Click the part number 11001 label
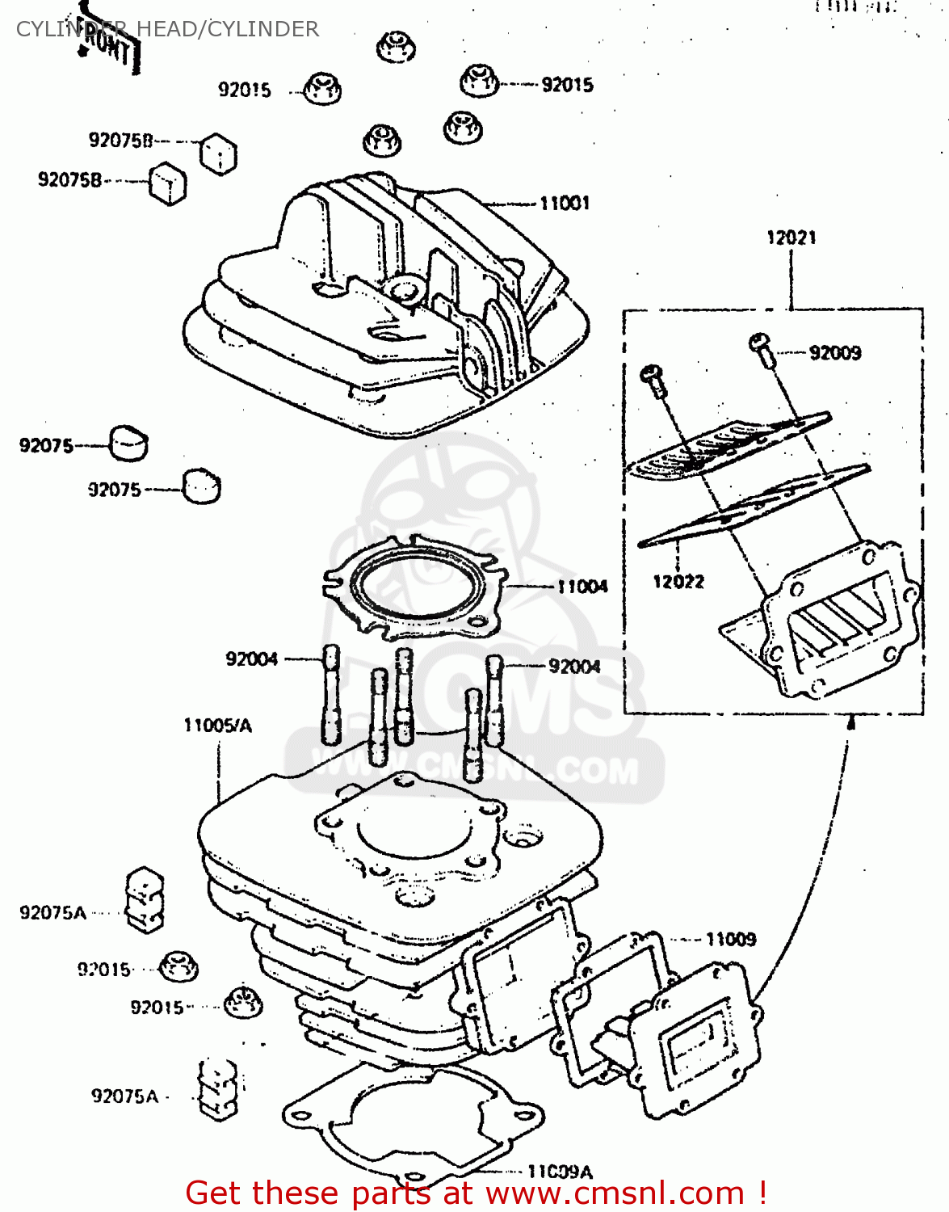tap(565, 203)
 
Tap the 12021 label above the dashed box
tap(791, 238)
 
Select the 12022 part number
tap(678, 581)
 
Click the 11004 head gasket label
tap(582, 586)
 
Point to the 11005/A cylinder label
tap(217, 725)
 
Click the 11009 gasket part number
tap(730, 939)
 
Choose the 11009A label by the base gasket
tap(559, 1171)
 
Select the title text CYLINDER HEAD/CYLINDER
tap(167, 29)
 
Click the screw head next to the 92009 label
tap(760, 343)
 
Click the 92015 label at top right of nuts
tap(567, 85)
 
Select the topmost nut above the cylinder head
tap(396, 46)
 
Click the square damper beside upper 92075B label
tap(218, 153)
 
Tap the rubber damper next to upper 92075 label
tap(129, 443)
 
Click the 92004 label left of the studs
tap(251, 659)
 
